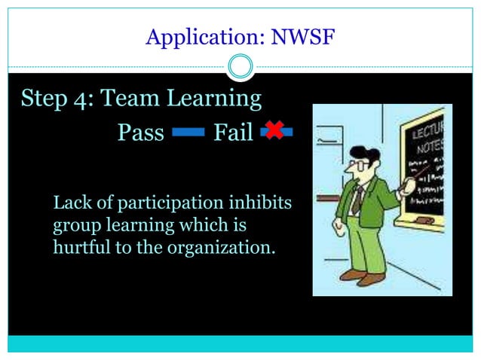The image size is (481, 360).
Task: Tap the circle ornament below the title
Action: click(x=240, y=67)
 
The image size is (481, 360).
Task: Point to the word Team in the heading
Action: click(x=127, y=99)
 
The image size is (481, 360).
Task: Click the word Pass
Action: click(x=141, y=133)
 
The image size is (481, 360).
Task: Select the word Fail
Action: click(x=233, y=133)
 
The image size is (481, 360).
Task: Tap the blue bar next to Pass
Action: click(x=188, y=133)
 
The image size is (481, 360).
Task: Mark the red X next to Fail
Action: click(x=274, y=130)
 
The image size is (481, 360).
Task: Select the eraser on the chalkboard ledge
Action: click(x=424, y=219)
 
